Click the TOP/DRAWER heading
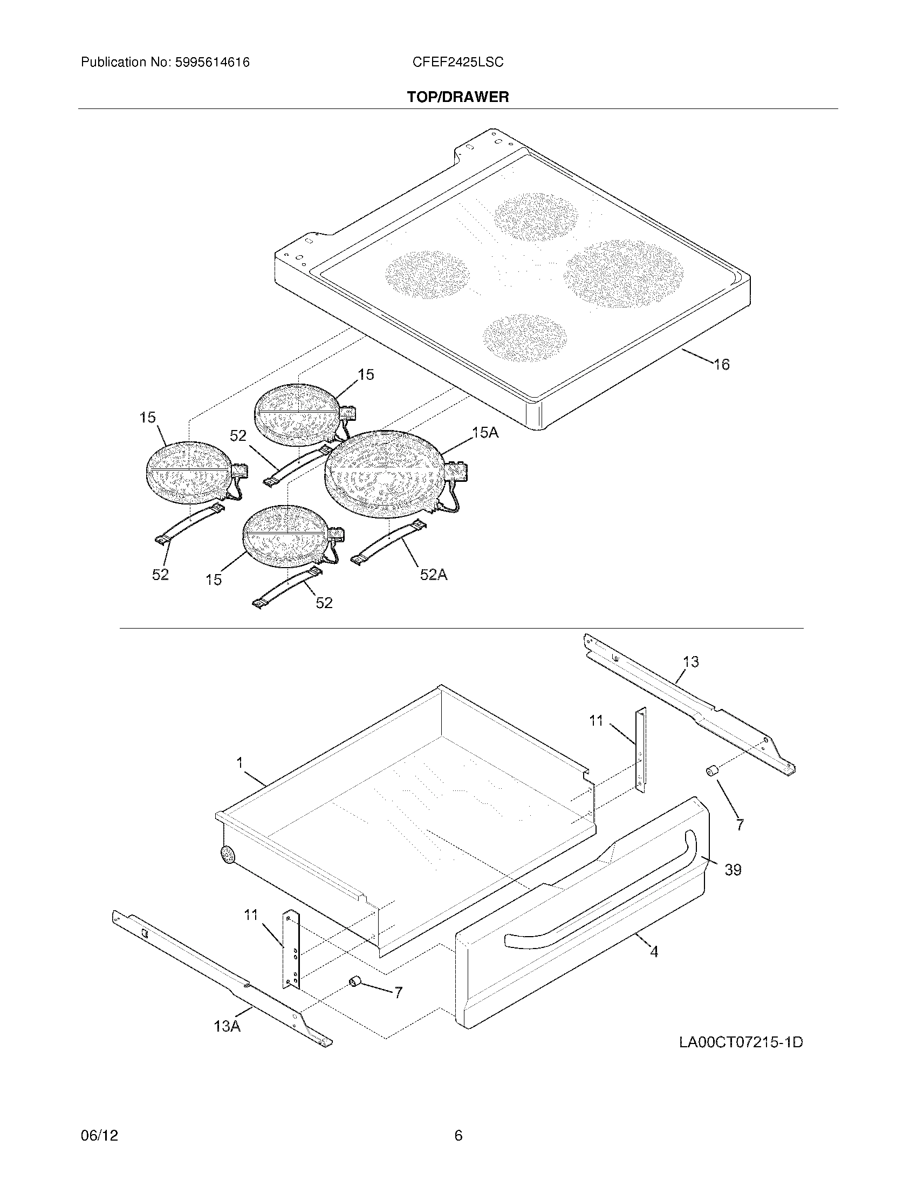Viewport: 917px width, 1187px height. coord(458,97)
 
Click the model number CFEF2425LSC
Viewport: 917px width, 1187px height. coord(457,63)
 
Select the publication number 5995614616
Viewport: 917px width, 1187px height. coord(213,63)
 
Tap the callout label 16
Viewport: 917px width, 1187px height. coord(721,364)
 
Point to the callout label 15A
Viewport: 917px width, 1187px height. coord(484,433)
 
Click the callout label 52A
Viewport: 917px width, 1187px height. coord(433,575)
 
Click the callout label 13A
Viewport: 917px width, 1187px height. coord(227,1026)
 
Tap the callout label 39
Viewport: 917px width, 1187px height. coord(733,870)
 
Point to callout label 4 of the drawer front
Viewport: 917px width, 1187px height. coord(654,951)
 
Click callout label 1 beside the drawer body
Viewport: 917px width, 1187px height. coord(239,763)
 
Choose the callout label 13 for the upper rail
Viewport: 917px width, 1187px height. coord(690,661)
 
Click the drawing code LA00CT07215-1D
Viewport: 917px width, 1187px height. coord(741,1042)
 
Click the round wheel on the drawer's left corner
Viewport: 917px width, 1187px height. coord(227,856)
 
